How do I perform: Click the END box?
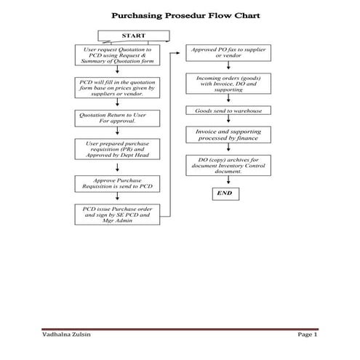pos(225,193)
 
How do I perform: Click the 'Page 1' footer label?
pos(308,334)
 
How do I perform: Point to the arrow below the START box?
pos(118,43)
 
